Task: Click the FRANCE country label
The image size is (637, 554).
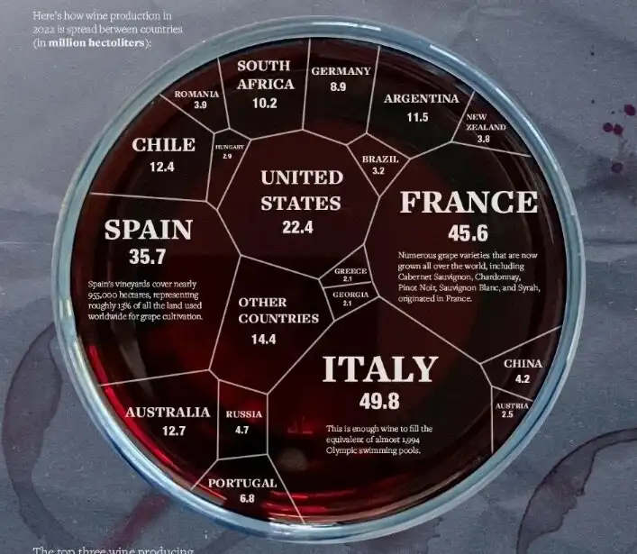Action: (x=468, y=203)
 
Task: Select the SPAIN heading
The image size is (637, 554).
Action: (x=148, y=230)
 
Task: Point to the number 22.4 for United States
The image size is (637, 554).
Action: (x=296, y=228)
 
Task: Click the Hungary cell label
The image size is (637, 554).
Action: (x=229, y=146)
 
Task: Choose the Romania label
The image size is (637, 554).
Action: (x=197, y=94)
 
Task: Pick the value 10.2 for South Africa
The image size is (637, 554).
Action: (x=264, y=104)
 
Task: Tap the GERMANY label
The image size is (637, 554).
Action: (x=341, y=71)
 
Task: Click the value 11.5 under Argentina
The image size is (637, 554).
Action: (x=416, y=117)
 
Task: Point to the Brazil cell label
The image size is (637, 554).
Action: (x=379, y=159)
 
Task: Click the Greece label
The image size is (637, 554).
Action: (x=350, y=270)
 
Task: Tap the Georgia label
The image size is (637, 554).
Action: (x=350, y=295)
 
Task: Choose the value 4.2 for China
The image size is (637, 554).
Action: (x=523, y=379)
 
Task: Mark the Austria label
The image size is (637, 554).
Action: (x=511, y=406)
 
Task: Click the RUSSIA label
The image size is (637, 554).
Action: (x=243, y=414)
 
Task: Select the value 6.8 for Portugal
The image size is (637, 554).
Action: (x=247, y=499)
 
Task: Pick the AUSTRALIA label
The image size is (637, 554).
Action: (x=168, y=413)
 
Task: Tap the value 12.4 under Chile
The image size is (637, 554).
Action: (x=162, y=167)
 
